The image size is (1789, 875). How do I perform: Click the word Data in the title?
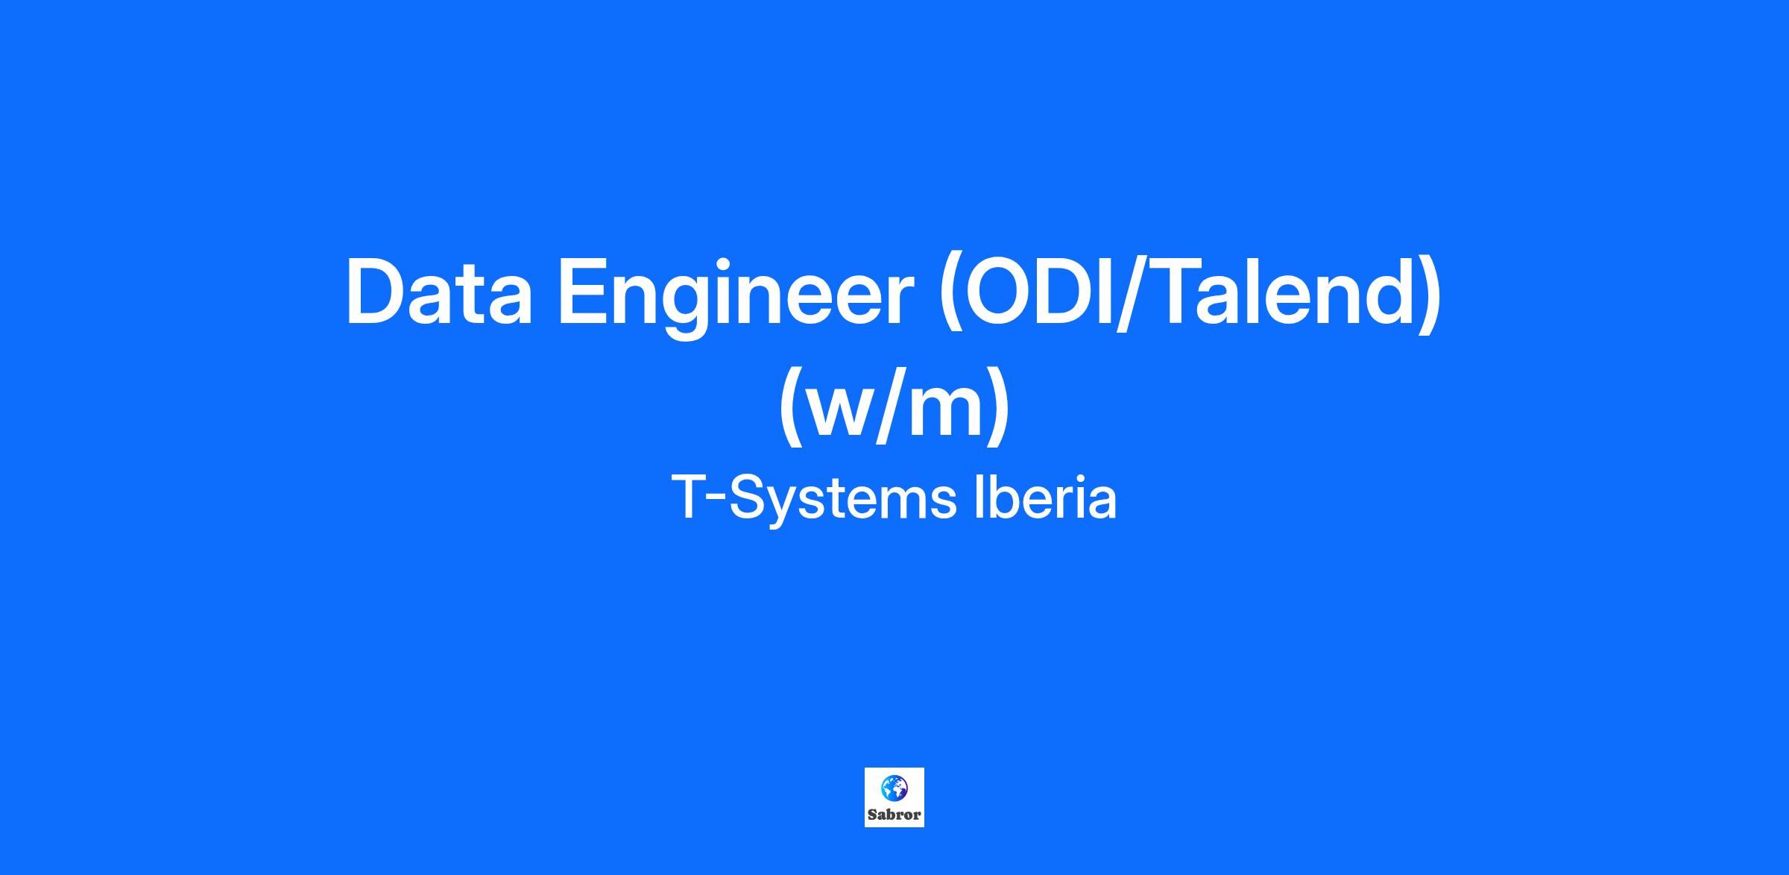coord(439,292)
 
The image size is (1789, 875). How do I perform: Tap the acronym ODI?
coord(1038,292)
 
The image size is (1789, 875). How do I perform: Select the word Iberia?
coord(1046,498)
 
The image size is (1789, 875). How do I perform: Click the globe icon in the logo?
coord(894,786)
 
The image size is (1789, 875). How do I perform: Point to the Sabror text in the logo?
coord(894,815)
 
